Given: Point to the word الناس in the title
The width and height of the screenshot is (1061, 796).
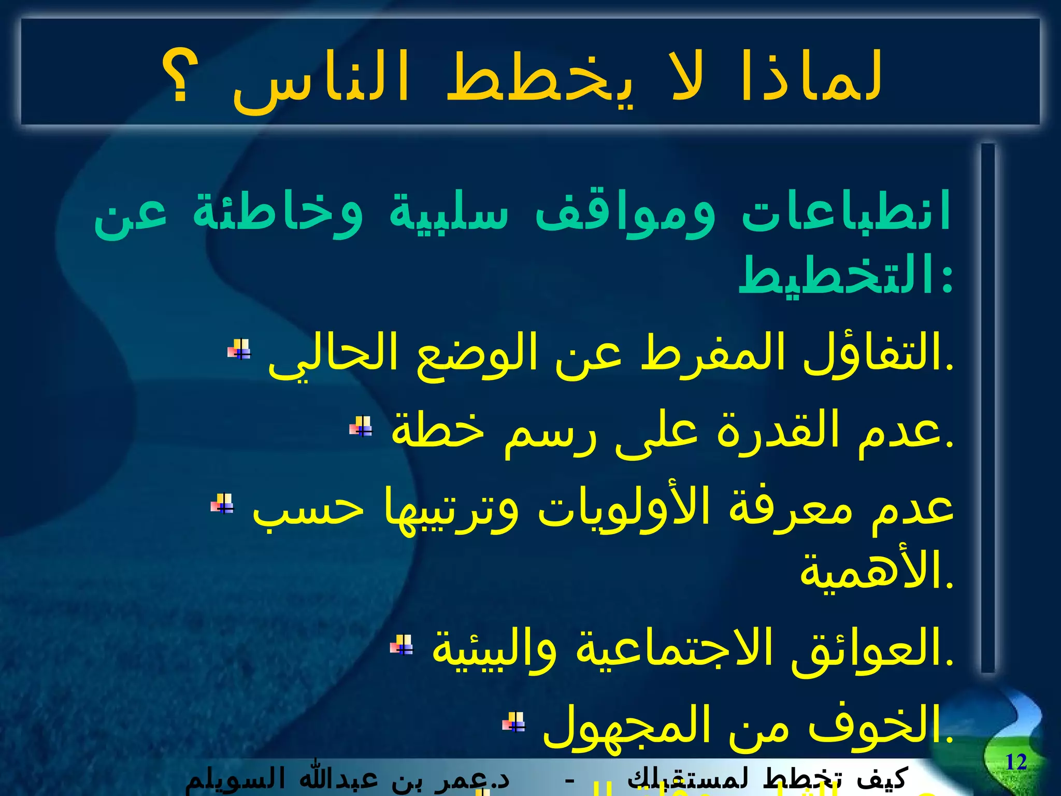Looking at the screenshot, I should click(321, 78).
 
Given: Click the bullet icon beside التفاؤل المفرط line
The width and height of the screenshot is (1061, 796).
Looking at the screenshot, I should click(239, 349).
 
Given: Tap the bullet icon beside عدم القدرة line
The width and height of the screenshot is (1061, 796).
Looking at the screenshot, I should click(361, 427).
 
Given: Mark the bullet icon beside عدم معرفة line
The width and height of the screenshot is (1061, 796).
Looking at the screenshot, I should click(222, 503).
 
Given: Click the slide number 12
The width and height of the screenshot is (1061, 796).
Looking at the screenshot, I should click(1016, 762).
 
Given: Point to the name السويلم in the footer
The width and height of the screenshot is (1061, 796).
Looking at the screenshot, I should click(228, 778).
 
